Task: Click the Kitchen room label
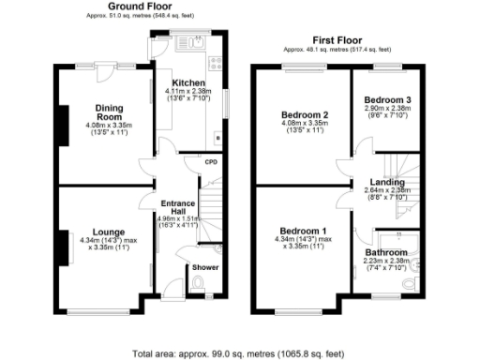(189, 83)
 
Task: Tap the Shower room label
(204, 267)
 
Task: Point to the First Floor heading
(338, 39)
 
